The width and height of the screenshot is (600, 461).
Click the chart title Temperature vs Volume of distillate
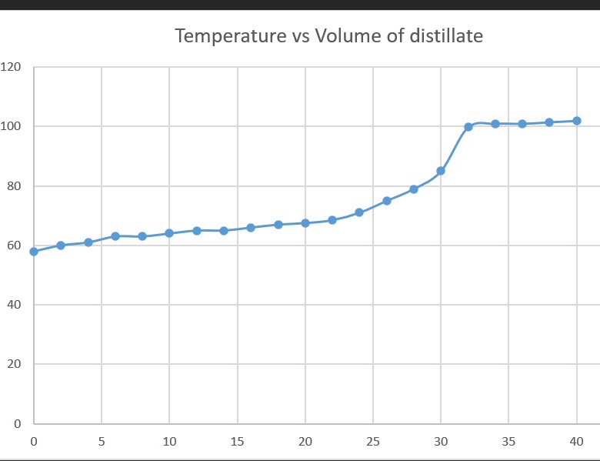(328, 35)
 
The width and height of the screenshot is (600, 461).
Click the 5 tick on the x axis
(102, 442)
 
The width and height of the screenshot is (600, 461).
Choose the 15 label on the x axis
(237, 442)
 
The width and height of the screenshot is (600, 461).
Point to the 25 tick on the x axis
(373, 442)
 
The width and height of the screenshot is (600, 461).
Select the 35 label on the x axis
(508, 442)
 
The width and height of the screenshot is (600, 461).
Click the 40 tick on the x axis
(576, 442)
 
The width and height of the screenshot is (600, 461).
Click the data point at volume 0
(34, 252)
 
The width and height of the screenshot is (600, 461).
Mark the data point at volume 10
(169, 233)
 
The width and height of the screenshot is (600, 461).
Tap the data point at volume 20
(305, 223)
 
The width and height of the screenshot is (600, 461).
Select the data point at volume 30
(441, 171)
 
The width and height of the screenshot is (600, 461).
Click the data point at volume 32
(468, 127)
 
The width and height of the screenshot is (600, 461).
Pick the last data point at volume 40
(577, 121)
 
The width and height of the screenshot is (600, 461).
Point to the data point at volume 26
(387, 201)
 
